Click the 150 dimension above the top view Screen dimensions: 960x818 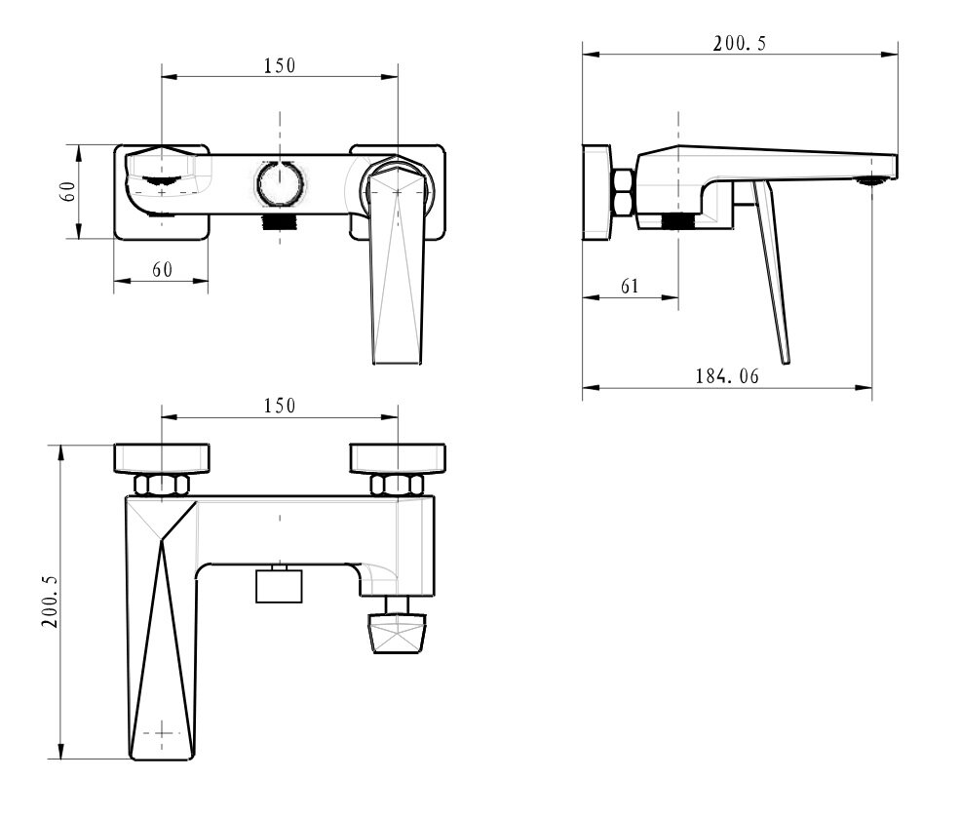pos(279,65)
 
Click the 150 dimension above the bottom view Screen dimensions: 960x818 pos(279,406)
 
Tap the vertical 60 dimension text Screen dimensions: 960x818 pos(67,192)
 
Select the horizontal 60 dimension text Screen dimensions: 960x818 pos(162,269)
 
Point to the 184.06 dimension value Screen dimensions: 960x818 pos(727,376)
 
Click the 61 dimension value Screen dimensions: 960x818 pos(630,286)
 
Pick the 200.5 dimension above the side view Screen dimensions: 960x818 pos(740,44)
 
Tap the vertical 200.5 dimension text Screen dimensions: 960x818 pos(50,602)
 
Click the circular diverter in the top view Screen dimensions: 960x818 pos(279,183)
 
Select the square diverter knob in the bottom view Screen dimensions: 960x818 pos(279,585)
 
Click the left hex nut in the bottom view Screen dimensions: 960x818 pos(162,485)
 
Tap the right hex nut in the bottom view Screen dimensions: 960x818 pos(397,485)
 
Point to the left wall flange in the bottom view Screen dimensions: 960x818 pos(162,458)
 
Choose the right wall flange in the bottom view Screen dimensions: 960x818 pos(398,458)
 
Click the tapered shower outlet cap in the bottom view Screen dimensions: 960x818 pos(397,634)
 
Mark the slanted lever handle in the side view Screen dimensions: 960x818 pos(772,272)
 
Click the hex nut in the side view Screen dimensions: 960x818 pos(623,192)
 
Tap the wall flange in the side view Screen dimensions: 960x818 pos(596,192)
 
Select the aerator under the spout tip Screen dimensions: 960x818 pos(872,180)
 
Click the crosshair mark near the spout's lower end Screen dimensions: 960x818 pos(162,732)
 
